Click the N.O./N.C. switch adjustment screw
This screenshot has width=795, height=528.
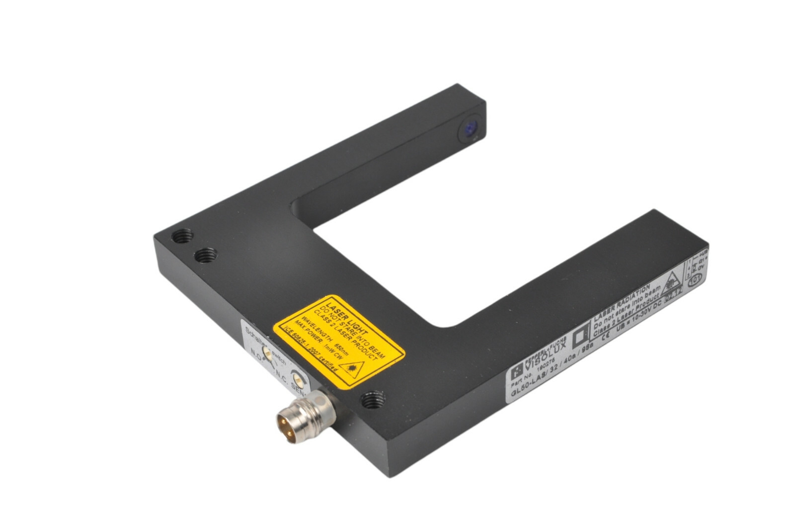point(267,353)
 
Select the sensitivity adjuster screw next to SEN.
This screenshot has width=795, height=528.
point(298,377)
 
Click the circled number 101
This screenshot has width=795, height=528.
point(695,278)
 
